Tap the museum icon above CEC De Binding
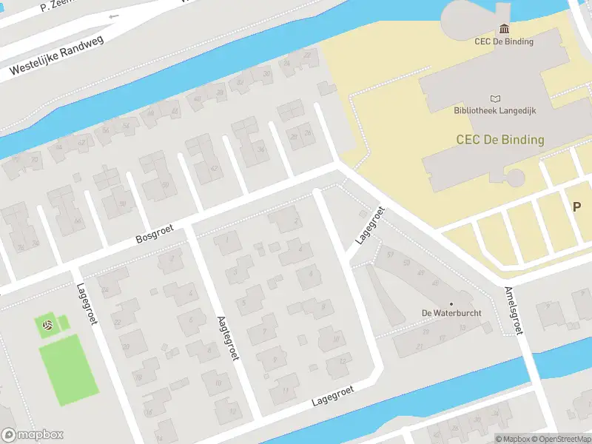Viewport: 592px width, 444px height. tap(504, 29)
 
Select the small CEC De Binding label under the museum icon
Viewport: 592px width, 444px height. tap(504, 41)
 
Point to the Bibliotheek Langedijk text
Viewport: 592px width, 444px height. tap(495, 111)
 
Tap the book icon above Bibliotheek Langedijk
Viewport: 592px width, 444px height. tap(495, 98)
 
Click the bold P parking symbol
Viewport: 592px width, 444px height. tap(576, 207)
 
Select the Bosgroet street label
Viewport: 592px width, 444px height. tap(152, 235)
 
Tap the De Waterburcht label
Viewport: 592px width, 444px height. tap(451, 313)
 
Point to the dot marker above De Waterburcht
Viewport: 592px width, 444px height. tap(451, 303)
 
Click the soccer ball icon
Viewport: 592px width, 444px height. tap(47, 325)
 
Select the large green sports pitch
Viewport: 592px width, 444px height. tap(68, 369)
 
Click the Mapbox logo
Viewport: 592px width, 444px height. tap(33, 435)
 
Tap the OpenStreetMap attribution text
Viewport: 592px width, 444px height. tap(559, 439)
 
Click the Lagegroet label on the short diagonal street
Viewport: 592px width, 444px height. tap(370, 226)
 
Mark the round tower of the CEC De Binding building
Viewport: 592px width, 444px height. tap(514, 178)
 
